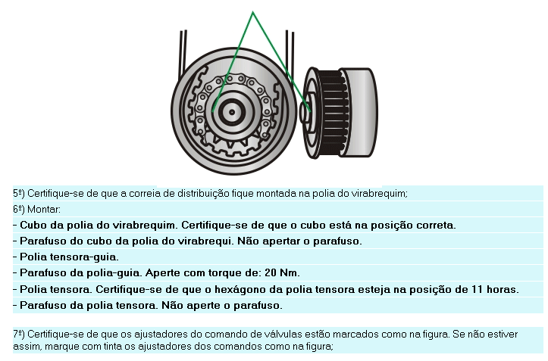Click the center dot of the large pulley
point(232,112)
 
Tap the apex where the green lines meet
point(252,12)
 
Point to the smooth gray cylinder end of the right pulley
point(360,113)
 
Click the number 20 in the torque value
point(271,272)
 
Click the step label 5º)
point(18,194)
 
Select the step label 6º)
point(18,210)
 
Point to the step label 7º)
point(18,335)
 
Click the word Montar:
point(44,210)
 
